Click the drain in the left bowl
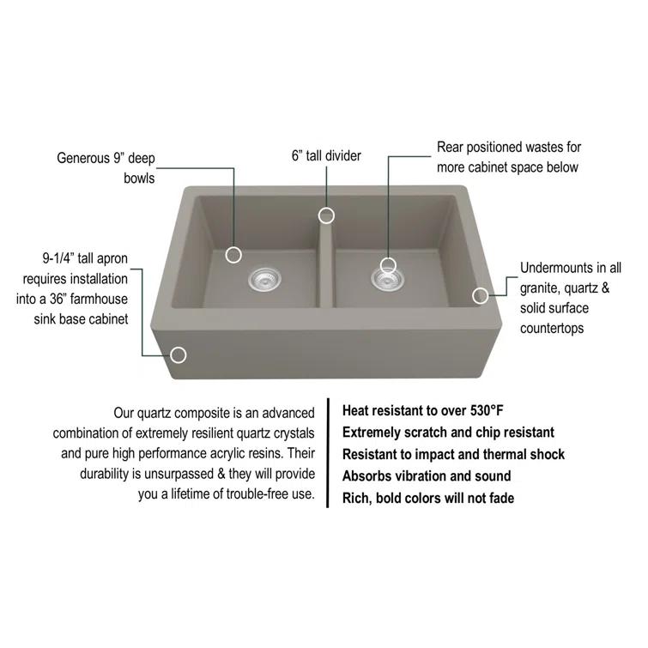[x=263, y=278]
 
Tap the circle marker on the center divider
[x=326, y=215]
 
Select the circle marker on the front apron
[x=179, y=354]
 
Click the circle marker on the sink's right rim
[x=481, y=295]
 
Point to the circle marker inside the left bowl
[x=233, y=254]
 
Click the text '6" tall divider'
[x=326, y=156]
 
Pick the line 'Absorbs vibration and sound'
[x=427, y=476]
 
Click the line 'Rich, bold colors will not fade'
[x=428, y=499]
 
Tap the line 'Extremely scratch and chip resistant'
[x=448, y=433]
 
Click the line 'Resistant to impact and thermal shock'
[x=453, y=454]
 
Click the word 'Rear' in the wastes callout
[x=451, y=148]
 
